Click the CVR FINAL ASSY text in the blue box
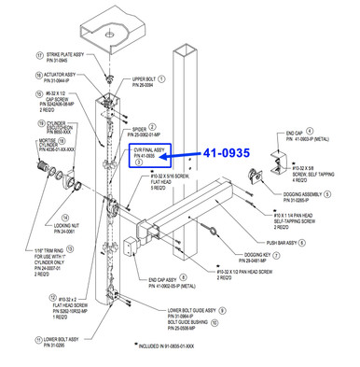(148, 149)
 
